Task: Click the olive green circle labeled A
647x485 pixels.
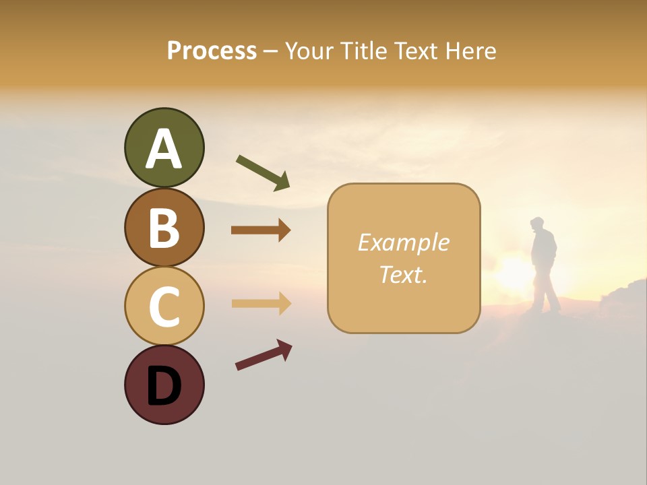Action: pyautogui.click(x=164, y=148)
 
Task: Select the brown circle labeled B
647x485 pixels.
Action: pyautogui.click(x=164, y=228)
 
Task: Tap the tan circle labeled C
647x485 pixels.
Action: pyautogui.click(x=164, y=306)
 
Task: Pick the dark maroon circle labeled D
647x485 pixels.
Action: pyautogui.click(x=164, y=385)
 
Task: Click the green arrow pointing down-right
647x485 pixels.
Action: pyautogui.click(x=262, y=171)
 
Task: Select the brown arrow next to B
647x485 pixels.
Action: pyautogui.click(x=260, y=230)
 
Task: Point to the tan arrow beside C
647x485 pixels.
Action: pyautogui.click(x=260, y=303)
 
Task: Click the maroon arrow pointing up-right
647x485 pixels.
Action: pyautogui.click(x=263, y=356)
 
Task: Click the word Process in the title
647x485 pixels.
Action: pyautogui.click(x=212, y=51)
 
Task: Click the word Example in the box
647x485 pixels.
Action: pyautogui.click(x=403, y=243)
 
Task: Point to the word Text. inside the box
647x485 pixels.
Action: pyautogui.click(x=403, y=274)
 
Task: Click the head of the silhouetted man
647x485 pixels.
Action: pyautogui.click(x=537, y=224)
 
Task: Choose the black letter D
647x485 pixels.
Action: pyautogui.click(x=164, y=386)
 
